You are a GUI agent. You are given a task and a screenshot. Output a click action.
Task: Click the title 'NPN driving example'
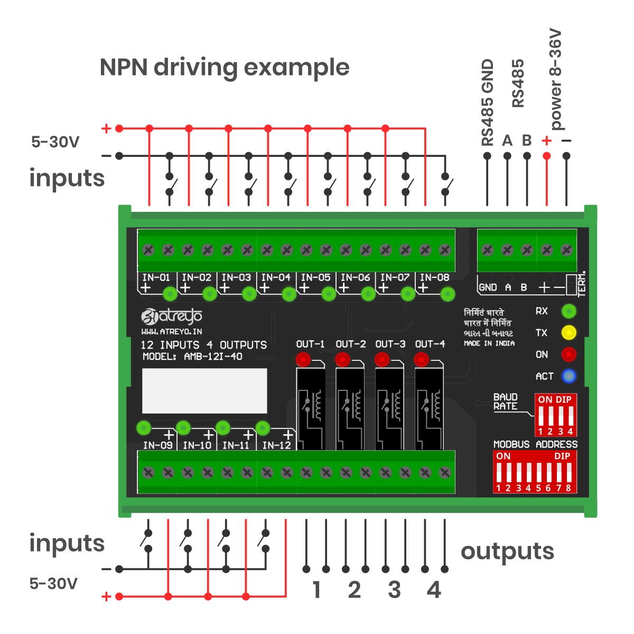[x=225, y=68]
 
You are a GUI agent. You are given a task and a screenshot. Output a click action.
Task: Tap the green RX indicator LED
[x=568, y=311]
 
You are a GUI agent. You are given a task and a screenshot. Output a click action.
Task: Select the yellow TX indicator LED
[x=568, y=333]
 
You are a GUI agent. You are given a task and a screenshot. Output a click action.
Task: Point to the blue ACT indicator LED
[x=568, y=376]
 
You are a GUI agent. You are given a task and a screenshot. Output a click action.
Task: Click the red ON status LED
[x=568, y=355]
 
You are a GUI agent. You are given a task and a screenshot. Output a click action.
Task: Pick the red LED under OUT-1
[x=303, y=360]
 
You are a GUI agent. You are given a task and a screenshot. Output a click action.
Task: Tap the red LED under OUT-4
[x=421, y=360]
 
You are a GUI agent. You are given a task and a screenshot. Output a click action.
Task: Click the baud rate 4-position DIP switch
[x=555, y=415]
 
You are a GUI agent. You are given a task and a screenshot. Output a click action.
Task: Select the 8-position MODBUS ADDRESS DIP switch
[x=534, y=472]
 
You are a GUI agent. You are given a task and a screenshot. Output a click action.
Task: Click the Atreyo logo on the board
[x=172, y=316]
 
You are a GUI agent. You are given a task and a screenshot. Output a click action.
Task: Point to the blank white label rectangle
[x=204, y=391]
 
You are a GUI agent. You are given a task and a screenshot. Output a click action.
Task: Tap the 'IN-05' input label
[x=315, y=277]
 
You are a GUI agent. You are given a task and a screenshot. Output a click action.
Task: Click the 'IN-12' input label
[x=276, y=445]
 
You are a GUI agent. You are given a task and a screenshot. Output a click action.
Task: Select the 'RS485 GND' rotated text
[x=487, y=102]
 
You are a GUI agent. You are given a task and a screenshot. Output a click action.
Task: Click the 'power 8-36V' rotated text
[x=555, y=79]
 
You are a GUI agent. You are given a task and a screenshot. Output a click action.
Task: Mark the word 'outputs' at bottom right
[x=507, y=552]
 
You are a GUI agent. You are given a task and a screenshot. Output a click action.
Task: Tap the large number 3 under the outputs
[x=394, y=590]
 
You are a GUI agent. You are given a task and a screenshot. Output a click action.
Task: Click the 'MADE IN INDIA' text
[x=489, y=343]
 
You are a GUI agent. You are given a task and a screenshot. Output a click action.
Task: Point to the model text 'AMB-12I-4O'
[x=213, y=357]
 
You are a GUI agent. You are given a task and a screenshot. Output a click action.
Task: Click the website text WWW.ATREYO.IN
[x=172, y=332]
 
